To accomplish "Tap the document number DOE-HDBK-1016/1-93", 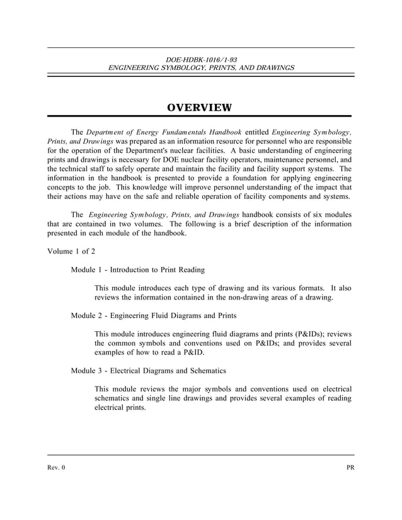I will coord(201,59).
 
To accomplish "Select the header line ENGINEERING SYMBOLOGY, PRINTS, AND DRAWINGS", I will coord(201,67).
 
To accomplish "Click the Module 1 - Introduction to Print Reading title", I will coord(138,270).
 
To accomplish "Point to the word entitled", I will coord(256,132).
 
